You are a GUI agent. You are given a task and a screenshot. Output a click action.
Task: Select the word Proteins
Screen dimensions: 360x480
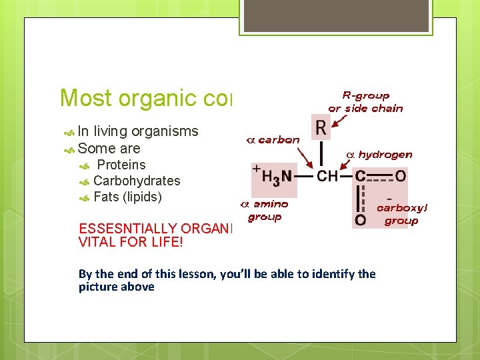pos(121,165)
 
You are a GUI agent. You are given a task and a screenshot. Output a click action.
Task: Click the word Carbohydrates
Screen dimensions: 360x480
pos(137,181)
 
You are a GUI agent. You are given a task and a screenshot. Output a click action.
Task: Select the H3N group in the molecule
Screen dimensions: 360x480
pos(275,177)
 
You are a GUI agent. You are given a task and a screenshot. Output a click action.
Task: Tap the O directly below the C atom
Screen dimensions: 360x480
pos(360,219)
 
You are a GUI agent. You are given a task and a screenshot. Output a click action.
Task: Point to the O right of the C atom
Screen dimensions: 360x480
pos(400,177)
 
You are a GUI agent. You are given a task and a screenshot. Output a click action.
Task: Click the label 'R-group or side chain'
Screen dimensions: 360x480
pos(365,102)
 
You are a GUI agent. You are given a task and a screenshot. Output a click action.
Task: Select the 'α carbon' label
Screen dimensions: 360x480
pos(273,140)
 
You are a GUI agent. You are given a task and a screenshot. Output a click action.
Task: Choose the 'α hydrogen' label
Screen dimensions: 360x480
pos(379,155)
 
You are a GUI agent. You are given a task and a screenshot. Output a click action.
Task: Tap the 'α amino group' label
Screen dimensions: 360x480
pos(265,210)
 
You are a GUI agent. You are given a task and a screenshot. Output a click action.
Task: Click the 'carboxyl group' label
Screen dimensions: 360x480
pos(401,214)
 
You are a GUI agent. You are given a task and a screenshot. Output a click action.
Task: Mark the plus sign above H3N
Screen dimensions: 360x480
pos(255,169)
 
